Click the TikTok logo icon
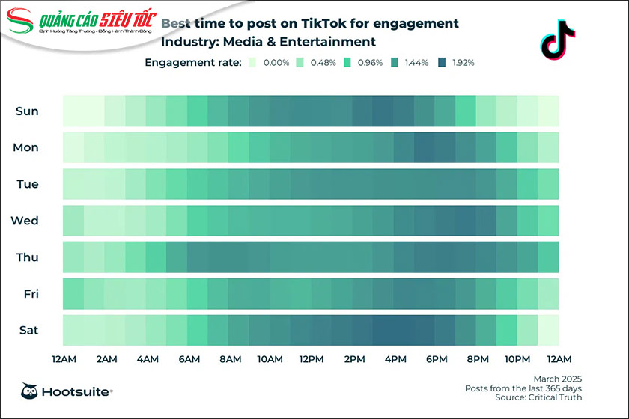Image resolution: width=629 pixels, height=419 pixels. [558, 40]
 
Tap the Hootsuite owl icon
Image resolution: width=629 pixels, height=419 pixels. [30, 391]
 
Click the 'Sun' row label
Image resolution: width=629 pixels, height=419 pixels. [27, 111]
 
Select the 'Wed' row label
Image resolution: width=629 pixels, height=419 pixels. [25, 221]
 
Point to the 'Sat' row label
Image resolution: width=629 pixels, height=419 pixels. [27, 330]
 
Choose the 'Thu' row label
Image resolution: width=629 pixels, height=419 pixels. [27, 257]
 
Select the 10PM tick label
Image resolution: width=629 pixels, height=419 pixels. [517, 360]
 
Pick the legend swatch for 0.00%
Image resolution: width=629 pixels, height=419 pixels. [252, 63]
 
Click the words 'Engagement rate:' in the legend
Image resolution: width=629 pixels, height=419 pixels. [192, 63]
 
